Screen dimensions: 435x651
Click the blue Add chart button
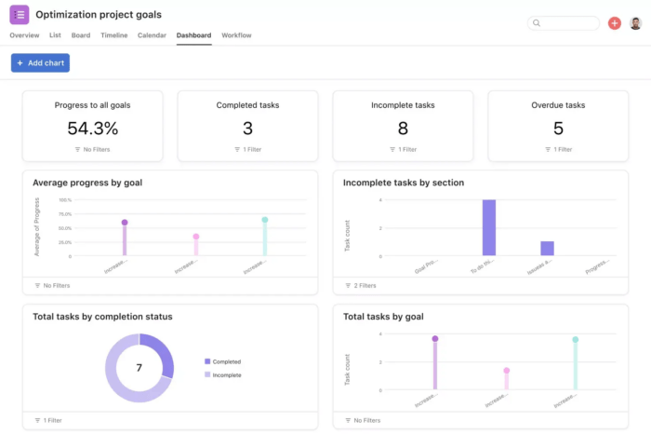pyautogui.click(x=40, y=62)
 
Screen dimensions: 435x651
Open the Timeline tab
pyautogui.click(x=114, y=35)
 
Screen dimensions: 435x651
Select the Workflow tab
pyautogui.click(x=236, y=35)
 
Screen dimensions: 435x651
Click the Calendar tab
pyautogui.click(x=152, y=35)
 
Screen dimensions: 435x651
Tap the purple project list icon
pyautogui.click(x=20, y=15)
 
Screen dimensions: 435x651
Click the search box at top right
pyautogui.click(x=564, y=23)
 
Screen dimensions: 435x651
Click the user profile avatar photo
pyautogui.click(x=635, y=23)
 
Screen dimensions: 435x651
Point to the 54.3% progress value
pyautogui.click(x=92, y=129)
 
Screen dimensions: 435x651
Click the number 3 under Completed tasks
pyautogui.click(x=247, y=129)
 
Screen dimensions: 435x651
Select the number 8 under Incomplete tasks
pyautogui.click(x=403, y=129)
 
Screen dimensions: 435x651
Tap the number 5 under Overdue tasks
pyautogui.click(x=558, y=129)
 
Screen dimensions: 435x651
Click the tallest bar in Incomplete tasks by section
pyautogui.click(x=488, y=228)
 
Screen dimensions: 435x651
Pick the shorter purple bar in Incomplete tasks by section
pyautogui.click(x=547, y=249)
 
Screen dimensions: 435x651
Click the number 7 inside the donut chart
pyautogui.click(x=139, y=368)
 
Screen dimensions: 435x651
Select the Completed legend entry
pyautogui.click(x=225, y=361)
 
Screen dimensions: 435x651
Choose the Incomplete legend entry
pyautogui.click(x=225, y=374)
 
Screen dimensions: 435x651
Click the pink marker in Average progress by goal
pyautogui.click(x=196, y=237)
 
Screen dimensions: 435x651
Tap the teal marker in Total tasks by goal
pyautogui.click(x=576, y=340)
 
